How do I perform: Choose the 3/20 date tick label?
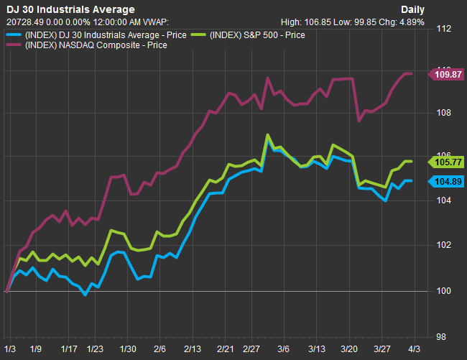(x=348, y=348)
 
